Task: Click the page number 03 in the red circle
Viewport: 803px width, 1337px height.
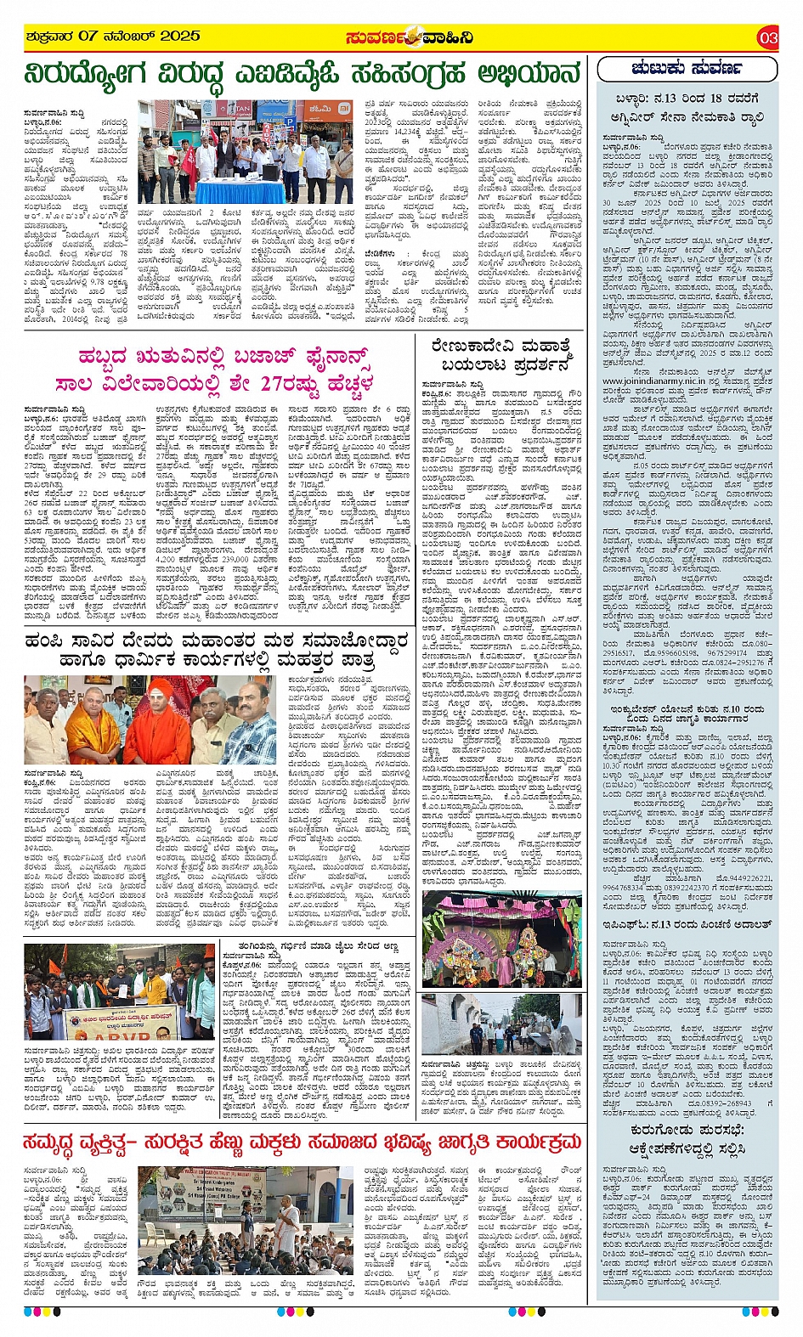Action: pos(768,37)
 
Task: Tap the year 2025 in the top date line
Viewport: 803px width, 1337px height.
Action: pos(179,36)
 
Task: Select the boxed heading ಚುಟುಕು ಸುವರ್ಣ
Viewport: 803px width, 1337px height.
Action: pos(687,68)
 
